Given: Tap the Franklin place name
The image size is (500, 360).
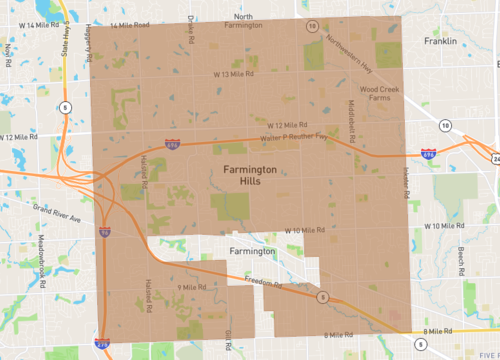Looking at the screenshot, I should pos(439,41).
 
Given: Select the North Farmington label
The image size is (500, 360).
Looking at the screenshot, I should pos(245,22).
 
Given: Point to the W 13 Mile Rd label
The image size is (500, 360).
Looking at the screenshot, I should pos(232,74).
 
